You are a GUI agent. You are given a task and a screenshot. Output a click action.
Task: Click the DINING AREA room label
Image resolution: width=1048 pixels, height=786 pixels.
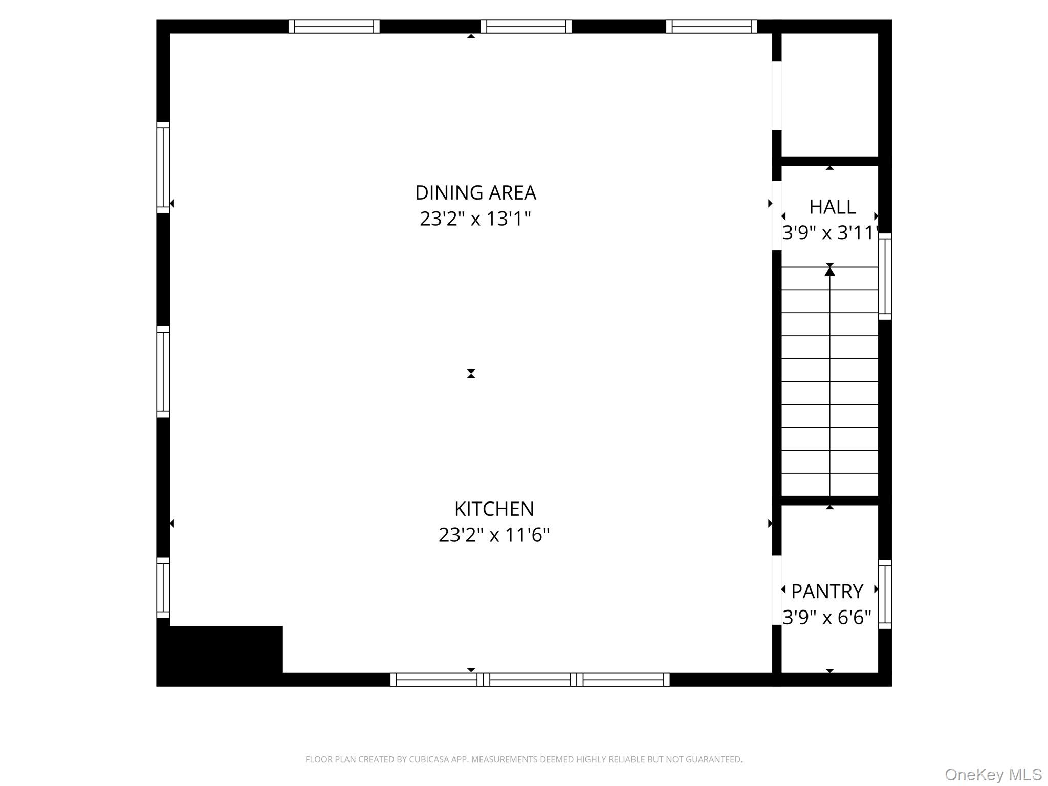(475, 193)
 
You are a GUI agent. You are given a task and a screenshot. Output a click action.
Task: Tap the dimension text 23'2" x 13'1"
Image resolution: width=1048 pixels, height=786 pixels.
(475, 219)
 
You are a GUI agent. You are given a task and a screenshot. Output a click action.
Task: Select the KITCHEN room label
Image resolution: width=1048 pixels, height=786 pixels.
(494, 509)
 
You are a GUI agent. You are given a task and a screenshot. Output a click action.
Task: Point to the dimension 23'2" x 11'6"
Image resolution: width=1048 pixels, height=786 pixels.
(494, 535)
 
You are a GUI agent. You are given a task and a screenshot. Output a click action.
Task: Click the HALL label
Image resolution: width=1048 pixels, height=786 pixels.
(832, 207)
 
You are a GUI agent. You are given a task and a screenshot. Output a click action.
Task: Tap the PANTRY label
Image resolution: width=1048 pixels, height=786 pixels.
(827, 592)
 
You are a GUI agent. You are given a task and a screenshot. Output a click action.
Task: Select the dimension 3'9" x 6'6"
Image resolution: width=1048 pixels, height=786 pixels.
(826, 618)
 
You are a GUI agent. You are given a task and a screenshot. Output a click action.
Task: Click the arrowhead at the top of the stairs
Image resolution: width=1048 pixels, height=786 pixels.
(829, 271)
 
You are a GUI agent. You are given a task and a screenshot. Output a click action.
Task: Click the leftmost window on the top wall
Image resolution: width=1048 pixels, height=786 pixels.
(334, 27)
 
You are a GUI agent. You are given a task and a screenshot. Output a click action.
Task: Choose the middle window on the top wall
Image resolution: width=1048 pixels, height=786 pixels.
(526, 27)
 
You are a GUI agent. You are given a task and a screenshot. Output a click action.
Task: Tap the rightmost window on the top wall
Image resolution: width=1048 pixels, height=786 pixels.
(711, 27)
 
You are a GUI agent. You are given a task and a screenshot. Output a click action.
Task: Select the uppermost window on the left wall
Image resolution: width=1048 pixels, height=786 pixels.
(163, 167)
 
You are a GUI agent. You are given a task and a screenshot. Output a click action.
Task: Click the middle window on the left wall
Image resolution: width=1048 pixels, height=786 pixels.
(163, 372)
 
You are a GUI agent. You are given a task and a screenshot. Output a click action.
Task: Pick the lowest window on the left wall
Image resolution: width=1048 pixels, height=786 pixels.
(163, 587)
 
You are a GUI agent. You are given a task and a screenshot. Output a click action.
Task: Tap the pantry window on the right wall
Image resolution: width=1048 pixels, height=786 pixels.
(885, 594)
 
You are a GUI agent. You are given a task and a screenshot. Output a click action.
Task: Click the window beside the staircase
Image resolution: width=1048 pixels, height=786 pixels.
(885, 276)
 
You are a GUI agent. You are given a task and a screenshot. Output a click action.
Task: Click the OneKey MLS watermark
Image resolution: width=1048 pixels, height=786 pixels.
(993, 774)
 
